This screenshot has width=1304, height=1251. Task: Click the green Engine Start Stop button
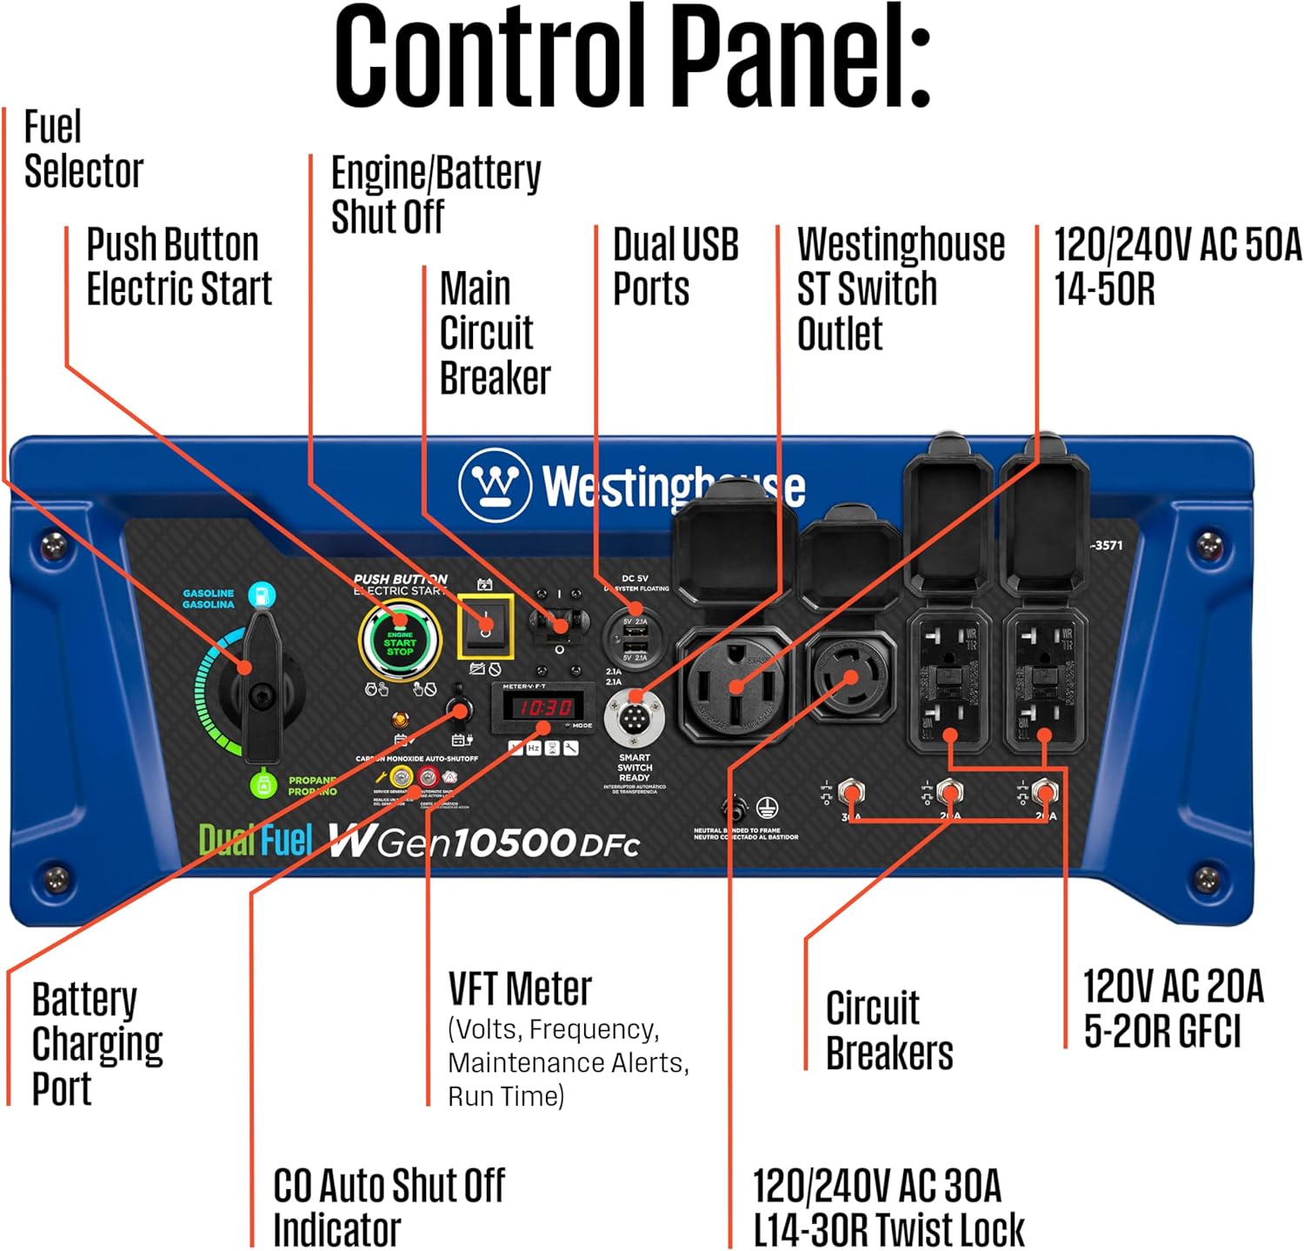click(400, 642)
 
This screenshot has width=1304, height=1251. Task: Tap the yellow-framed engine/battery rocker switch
click(485, 627)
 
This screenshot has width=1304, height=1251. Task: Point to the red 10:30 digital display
click(545, 708)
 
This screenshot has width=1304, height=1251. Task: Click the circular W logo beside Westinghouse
click(495, 484)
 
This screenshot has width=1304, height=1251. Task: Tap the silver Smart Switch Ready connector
click(635, 719)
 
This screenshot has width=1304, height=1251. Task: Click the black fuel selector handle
click(261, 687)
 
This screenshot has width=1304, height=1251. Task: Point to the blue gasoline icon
click(261, 596)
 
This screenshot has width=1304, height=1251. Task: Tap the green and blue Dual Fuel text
click(255, 840)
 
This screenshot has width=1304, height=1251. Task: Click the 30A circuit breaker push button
click(851, 794)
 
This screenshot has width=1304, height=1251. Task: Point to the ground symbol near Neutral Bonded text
click(766, 808)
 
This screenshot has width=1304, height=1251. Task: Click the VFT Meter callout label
click(520, 989)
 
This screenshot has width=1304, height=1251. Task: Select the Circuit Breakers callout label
click(888, 1030)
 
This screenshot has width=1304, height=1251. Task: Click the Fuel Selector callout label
click(83, 149)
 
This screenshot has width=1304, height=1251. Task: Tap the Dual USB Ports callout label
click(675, 266)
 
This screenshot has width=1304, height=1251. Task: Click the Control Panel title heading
click(633, 57)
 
